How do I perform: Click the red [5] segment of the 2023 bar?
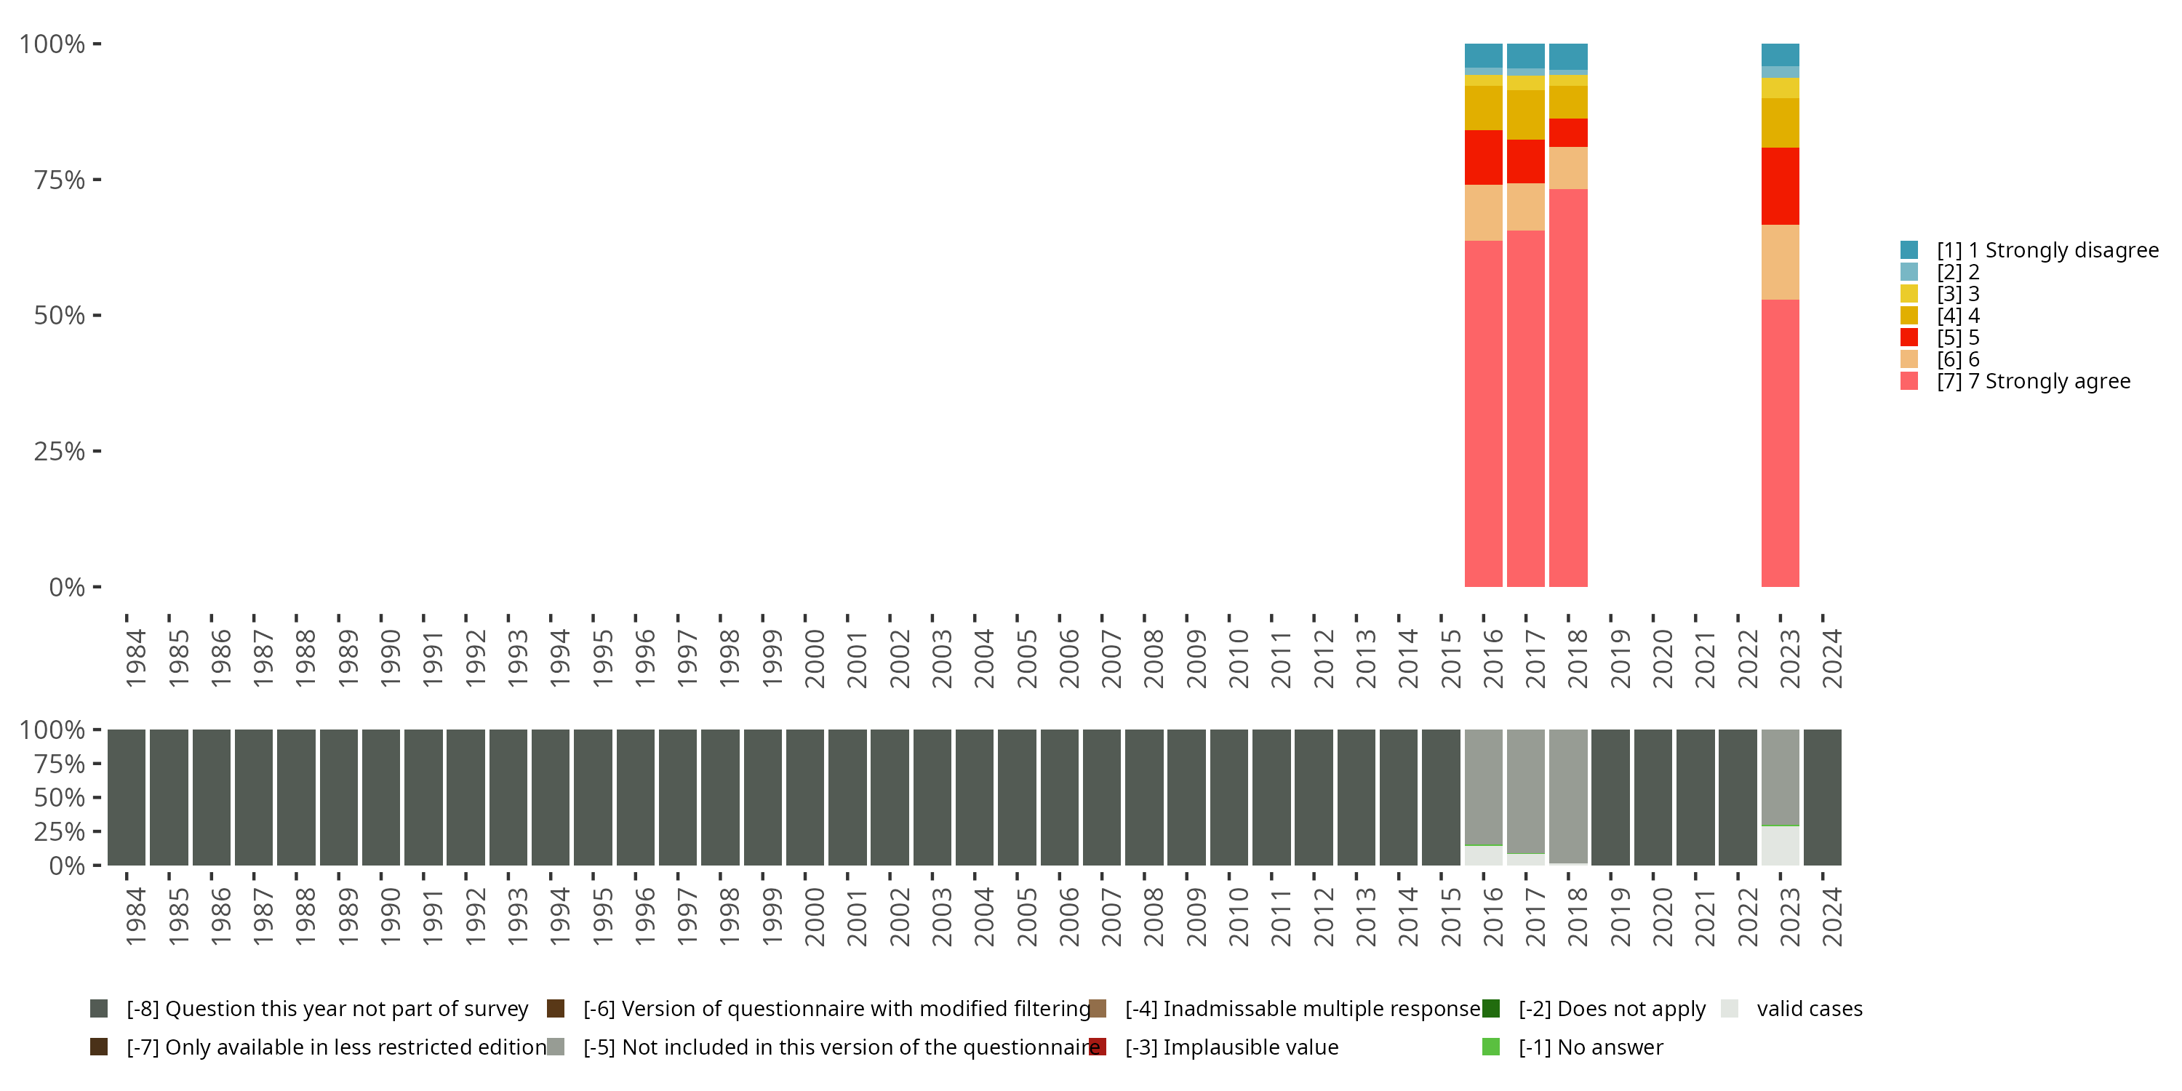point(1780,186)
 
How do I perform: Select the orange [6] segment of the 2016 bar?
point(1483,212)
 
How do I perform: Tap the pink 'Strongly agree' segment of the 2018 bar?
point(1568,388)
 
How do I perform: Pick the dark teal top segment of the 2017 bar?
point(1525,56)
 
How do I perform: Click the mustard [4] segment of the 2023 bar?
point(1780,123)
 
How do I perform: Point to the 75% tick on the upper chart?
point(97,180)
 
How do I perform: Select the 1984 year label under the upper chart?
point(135,658)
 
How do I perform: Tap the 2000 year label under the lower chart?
point(814,916)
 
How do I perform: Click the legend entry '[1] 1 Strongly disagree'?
point(2029,250)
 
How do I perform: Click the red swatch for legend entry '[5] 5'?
point(1909,337)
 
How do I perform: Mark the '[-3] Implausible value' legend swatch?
point(1098,1047)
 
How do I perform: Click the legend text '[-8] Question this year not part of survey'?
point(327,1009)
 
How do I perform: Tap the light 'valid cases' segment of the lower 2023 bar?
point(1780,845)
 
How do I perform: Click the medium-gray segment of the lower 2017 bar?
point(1525,791)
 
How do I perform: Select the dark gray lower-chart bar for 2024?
point(1822,797)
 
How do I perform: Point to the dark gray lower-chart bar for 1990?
point(381,797)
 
